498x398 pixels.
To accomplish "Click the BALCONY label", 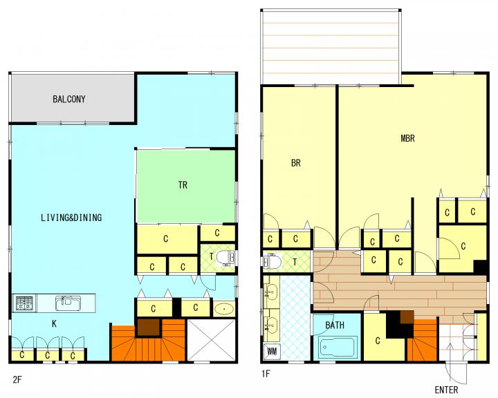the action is click(69, 99).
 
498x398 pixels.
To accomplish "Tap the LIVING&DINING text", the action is click(71, 218).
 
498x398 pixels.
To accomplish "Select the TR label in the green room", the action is click(183, 184).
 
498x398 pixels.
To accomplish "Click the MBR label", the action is click(407, 138).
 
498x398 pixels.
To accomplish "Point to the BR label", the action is click(296, 163).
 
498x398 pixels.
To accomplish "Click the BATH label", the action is click(335, 325).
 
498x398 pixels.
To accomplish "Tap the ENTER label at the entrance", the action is click(446, 390).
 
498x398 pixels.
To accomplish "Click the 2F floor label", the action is click(17, 379).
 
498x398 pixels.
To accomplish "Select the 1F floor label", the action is click(266, 374).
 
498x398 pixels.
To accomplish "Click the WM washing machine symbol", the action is click(273, 351).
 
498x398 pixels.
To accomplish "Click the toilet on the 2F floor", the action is click(225, 258).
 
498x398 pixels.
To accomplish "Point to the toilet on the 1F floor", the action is click(273, 261).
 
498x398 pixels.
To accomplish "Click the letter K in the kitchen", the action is click(55, 324).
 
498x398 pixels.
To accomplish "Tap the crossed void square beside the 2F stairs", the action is click(211, 340).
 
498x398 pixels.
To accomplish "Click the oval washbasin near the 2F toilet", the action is click(224, 308).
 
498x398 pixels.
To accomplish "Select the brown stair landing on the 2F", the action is click(148, 328).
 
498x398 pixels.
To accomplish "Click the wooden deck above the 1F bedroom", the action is click(331, 47).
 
